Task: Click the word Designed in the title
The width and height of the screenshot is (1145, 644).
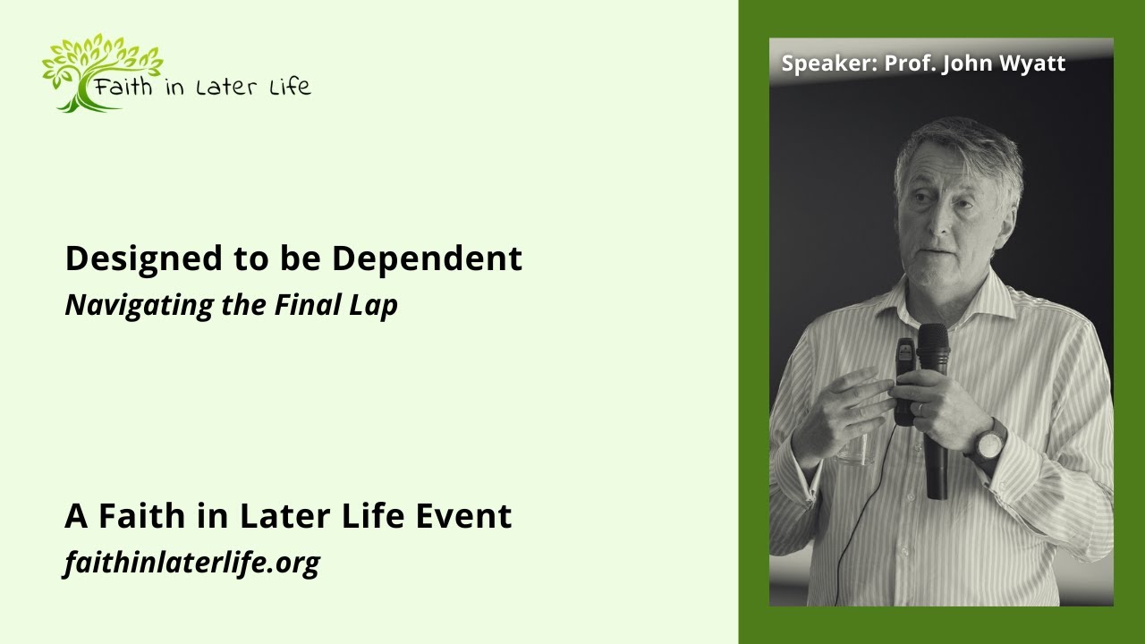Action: [129, 259]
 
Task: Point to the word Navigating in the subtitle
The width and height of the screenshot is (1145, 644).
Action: [125, 306]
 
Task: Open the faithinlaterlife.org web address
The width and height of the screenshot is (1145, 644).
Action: [191, 563]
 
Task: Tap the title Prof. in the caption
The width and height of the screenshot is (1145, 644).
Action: [909, 64]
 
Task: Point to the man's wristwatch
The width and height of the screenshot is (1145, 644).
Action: [988, 444]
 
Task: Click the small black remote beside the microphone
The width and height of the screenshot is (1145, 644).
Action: [905, 376]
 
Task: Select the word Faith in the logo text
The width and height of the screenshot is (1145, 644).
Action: [124, 87]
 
